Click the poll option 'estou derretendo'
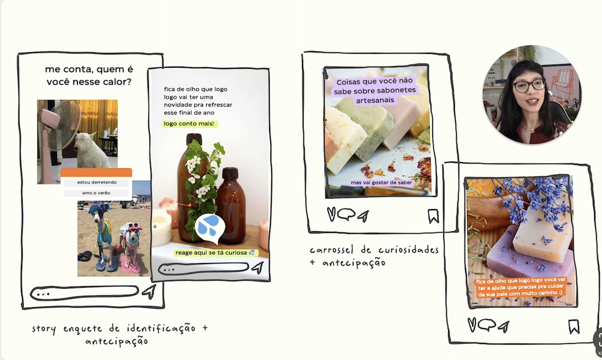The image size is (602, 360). (96, 183)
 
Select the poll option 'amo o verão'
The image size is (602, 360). (96, 193)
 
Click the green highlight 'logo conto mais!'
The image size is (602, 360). (189, 124)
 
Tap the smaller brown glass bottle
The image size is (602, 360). (230, 205)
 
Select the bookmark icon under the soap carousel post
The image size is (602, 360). (433, 216)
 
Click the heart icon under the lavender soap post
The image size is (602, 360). (472, 325)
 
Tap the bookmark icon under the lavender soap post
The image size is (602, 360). (574, 327)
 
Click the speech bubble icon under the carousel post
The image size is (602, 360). (346, 214)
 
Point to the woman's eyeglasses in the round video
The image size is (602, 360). (529, 85)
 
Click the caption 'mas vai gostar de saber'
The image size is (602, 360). (381, 183)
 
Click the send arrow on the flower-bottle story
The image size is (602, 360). (258, 267)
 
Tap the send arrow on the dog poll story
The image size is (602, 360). (149, 292)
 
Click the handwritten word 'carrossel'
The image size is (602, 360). (331, 250)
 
